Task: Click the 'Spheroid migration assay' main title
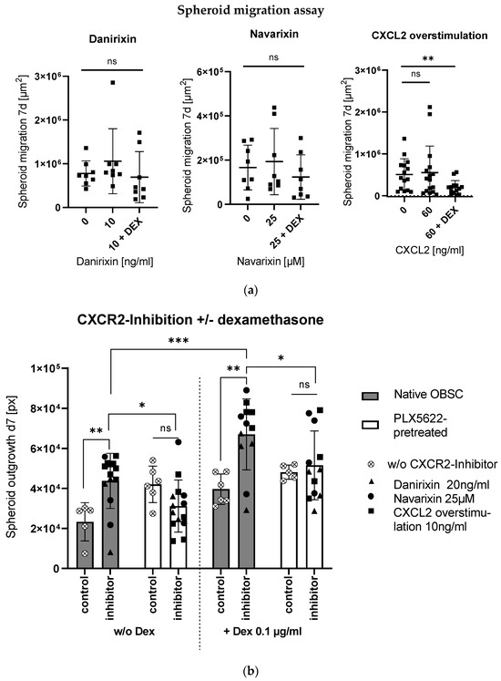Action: pyautogui.click(x=250, y=11)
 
